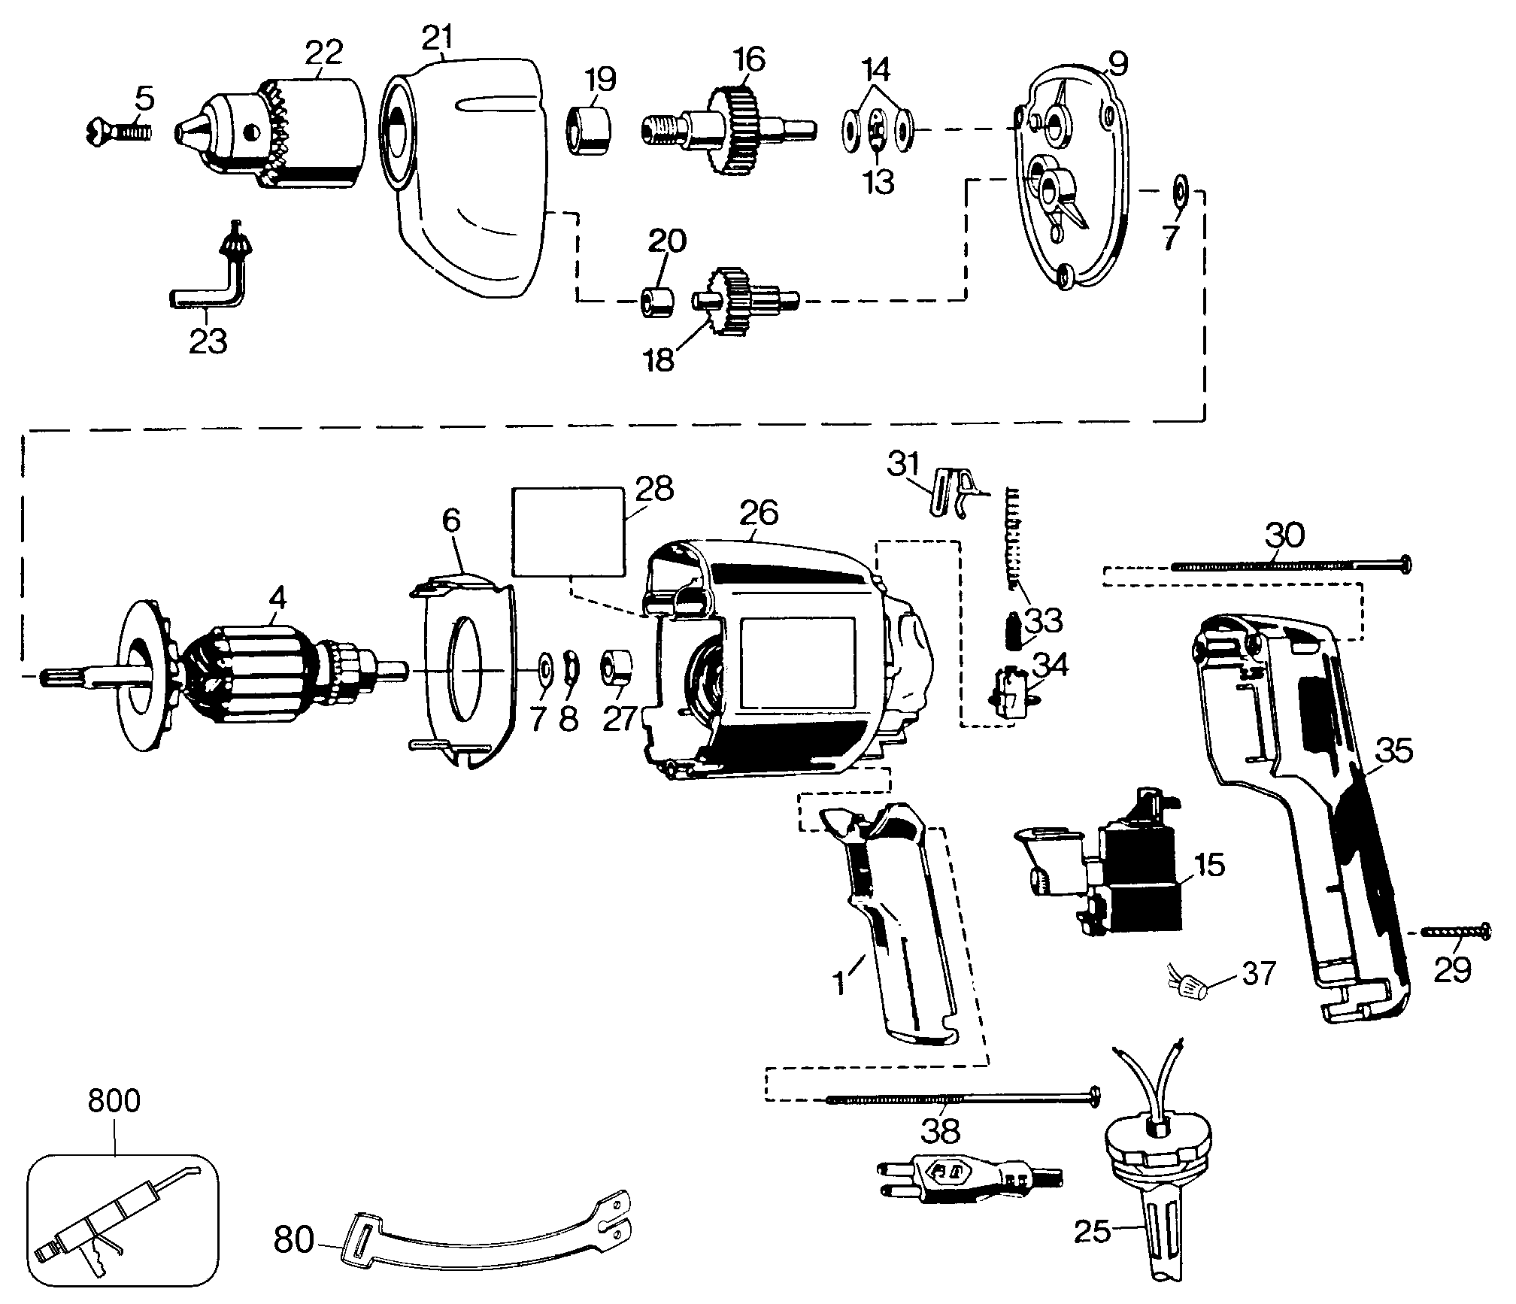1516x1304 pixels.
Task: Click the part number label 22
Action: click(x=324, y=53)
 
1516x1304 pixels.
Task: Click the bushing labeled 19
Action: click(x=587, y=131)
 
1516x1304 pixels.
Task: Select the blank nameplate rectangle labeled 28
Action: click(x=568, y=531)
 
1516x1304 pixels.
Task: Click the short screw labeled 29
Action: click(x=1455, y=933)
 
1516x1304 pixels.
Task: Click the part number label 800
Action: click(x=114, y=1101)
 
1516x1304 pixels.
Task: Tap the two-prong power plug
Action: click(x=970, y=1196)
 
